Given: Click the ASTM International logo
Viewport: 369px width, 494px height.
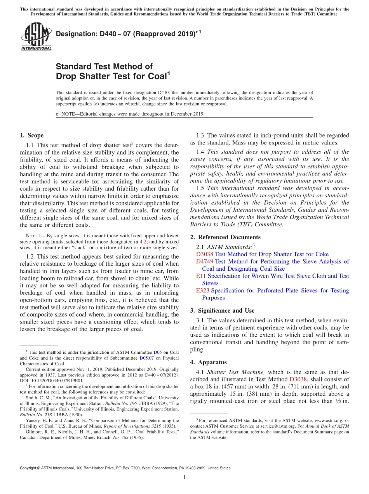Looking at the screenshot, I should click(36, 37).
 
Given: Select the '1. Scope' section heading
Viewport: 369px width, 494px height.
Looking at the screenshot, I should click(31, 136).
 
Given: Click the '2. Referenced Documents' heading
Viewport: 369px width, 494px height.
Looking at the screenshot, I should click(225, 237).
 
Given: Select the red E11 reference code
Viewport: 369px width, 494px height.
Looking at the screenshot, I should click(201, 276).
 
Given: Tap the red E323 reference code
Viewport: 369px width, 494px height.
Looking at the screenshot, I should click(203, 290).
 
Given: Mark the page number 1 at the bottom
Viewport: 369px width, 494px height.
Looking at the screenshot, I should click(184, 477).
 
